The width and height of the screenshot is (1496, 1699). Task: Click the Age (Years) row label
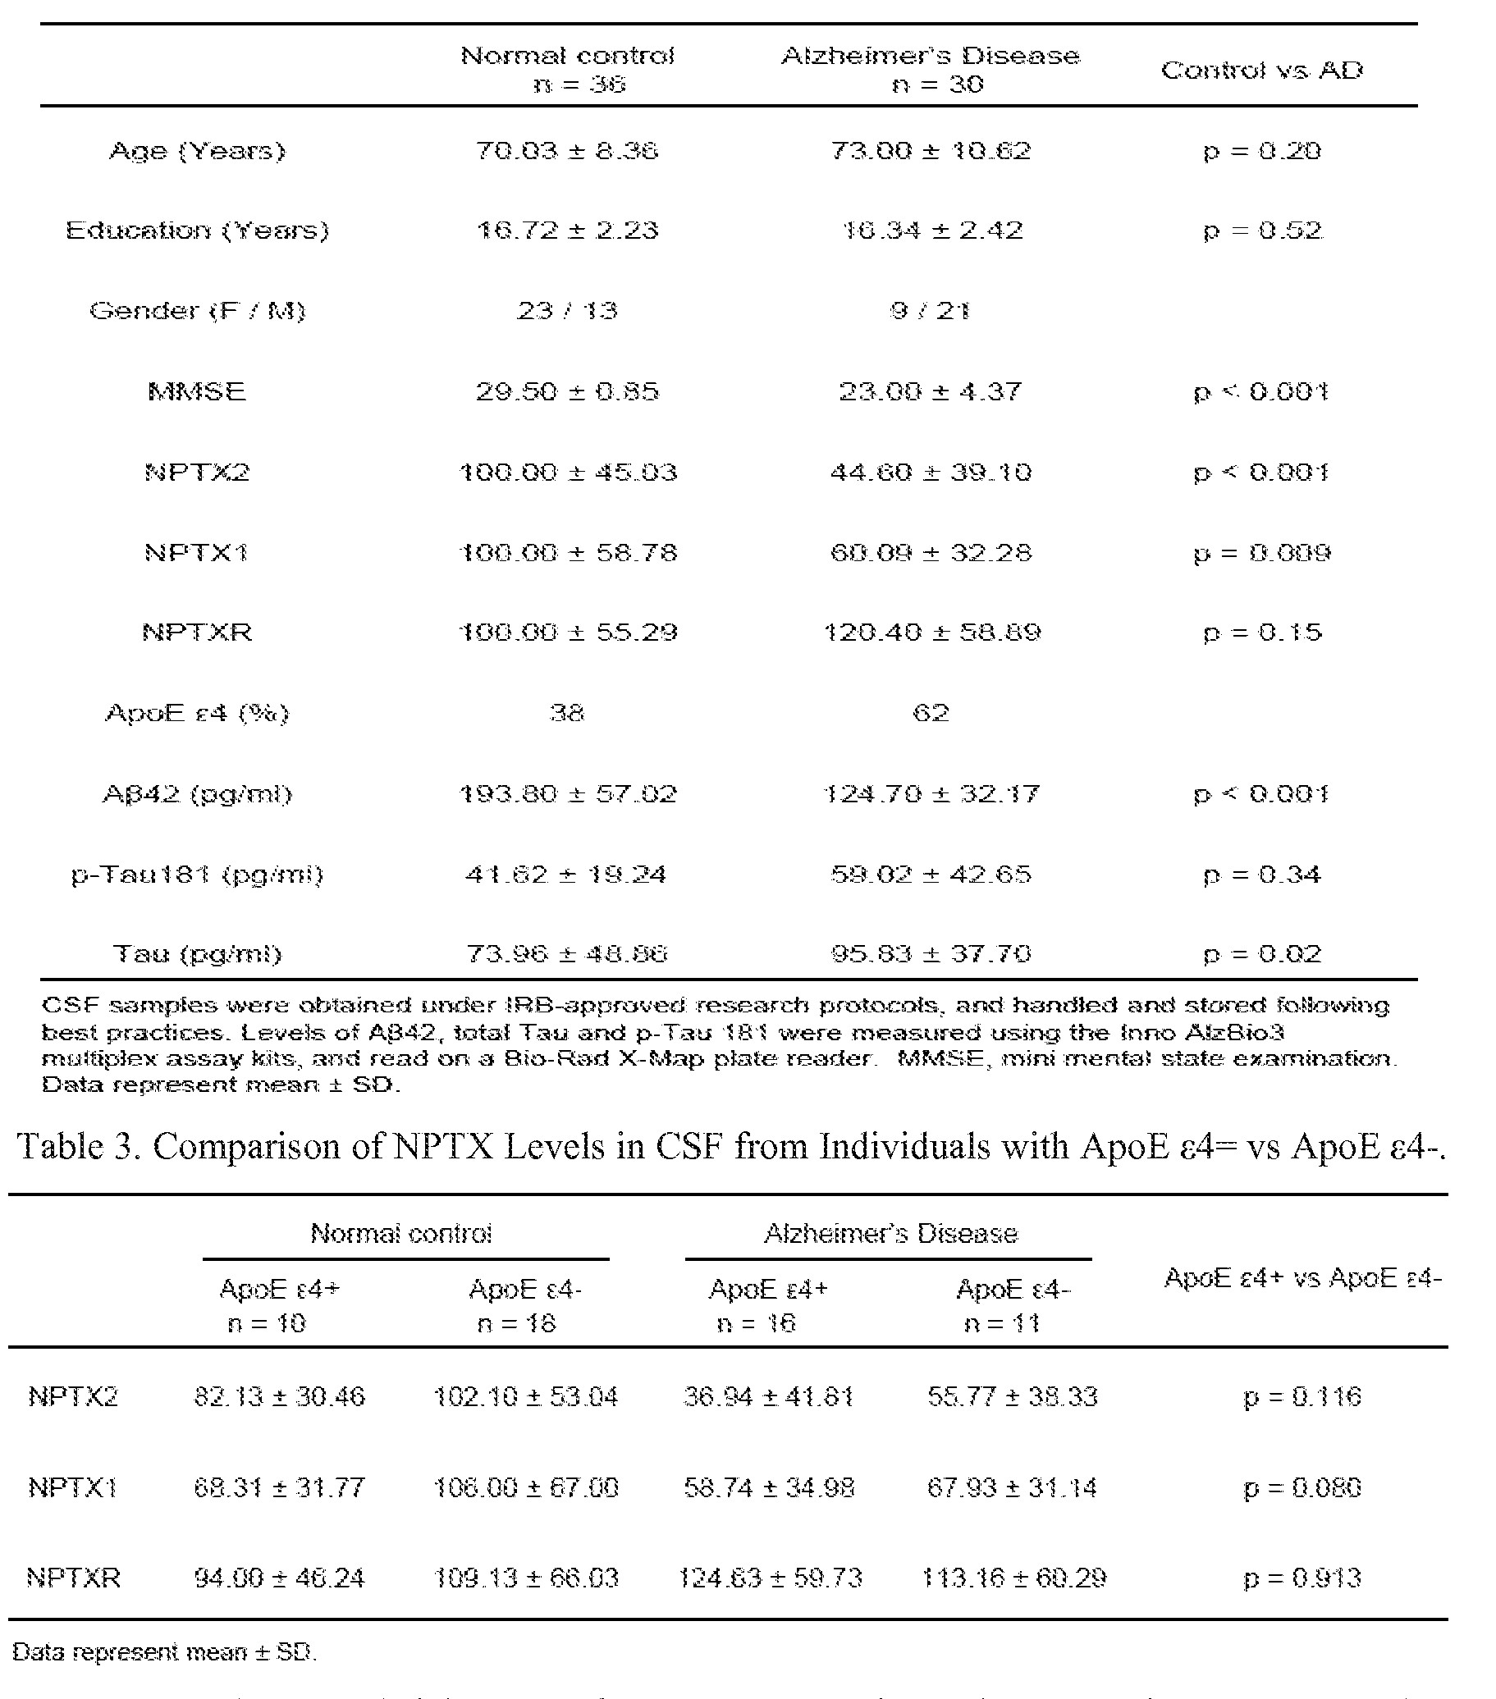tap(197, 151)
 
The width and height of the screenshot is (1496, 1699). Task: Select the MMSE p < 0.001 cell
tap(1260, 391)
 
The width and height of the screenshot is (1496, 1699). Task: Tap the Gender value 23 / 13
tap(567, 311)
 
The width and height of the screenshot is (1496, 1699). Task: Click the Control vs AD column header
tap(1261, 71)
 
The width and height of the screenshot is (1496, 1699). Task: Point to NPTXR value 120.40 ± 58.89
tap(931, 633)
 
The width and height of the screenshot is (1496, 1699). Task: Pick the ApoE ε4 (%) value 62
tap(931, 713)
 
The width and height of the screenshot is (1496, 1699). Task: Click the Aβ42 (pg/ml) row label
tap(197, 795)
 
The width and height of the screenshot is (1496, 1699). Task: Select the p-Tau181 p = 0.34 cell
tap(1261, 875)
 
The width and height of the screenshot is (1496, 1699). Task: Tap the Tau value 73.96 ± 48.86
tap(567, 954)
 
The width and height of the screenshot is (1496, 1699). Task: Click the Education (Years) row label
tap(197, 231)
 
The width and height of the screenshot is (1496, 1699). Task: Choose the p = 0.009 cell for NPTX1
tap(1261, 553)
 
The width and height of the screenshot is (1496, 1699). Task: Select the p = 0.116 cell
tap(1302, 1397)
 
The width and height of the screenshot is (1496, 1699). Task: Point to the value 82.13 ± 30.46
tap(279, 1396)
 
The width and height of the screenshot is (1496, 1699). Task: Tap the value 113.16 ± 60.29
tap(1013, 1578)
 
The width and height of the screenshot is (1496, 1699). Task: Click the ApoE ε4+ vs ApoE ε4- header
tap(1302, 1278)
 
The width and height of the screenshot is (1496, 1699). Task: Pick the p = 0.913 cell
tap(1302, 1578)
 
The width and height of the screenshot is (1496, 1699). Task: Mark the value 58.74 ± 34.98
tap(769, 1487)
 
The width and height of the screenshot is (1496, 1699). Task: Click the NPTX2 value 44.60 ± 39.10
tap(931, 473)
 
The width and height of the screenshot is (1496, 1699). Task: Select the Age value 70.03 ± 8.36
tap(567, 151)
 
